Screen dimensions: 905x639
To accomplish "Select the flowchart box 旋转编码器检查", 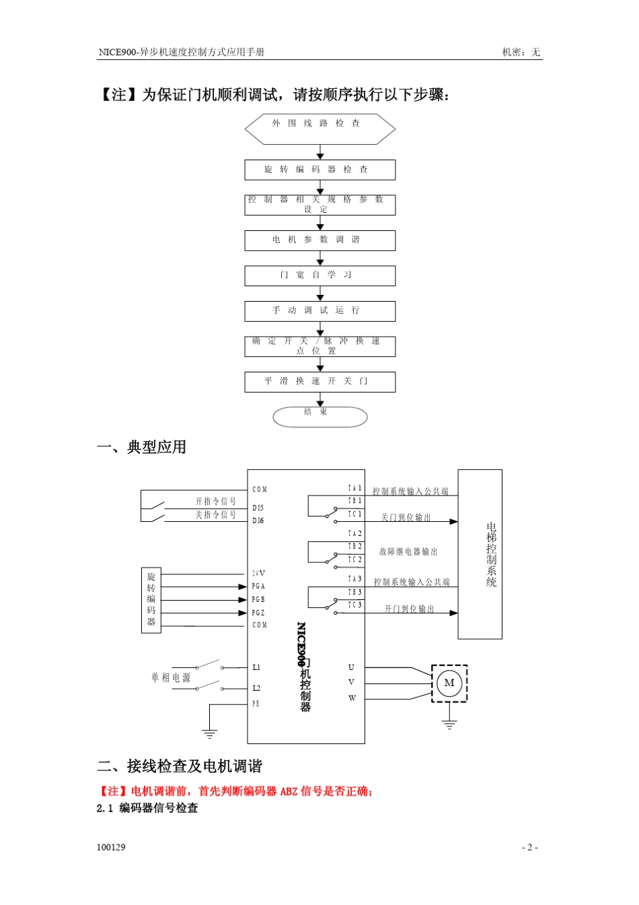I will (x=319, y=170).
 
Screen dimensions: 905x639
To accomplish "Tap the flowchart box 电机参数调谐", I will (x=319, y=240).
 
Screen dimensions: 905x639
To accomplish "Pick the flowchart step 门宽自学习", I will (x=319, y=275).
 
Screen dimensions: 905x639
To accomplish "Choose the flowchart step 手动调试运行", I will (x=319, y=311).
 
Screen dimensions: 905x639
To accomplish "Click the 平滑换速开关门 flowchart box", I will (x=319, y=382).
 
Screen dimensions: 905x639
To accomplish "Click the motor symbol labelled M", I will (x=449, y=683).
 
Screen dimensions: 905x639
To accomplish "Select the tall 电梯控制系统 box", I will (x=480, y=554).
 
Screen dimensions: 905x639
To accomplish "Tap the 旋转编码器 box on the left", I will (x=151, y=600).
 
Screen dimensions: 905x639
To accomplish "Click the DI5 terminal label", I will (x=258, y=508).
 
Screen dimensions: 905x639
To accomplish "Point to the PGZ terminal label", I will (x=258, y=613).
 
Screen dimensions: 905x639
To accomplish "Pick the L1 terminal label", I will (x=256, y=667).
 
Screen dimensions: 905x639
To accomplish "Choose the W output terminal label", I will (x=352, y=698).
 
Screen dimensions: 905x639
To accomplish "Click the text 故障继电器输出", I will (x=408, y=551).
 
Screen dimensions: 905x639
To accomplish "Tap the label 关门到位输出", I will (x=406, y=517).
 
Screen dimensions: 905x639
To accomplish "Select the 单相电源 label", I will (x=171, y=677).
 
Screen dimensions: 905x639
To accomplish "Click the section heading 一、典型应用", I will (x=142, y=447).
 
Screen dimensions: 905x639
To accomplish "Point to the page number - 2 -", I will (x=530, y=847).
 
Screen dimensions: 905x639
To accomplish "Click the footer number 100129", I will (x=111, y=847).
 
